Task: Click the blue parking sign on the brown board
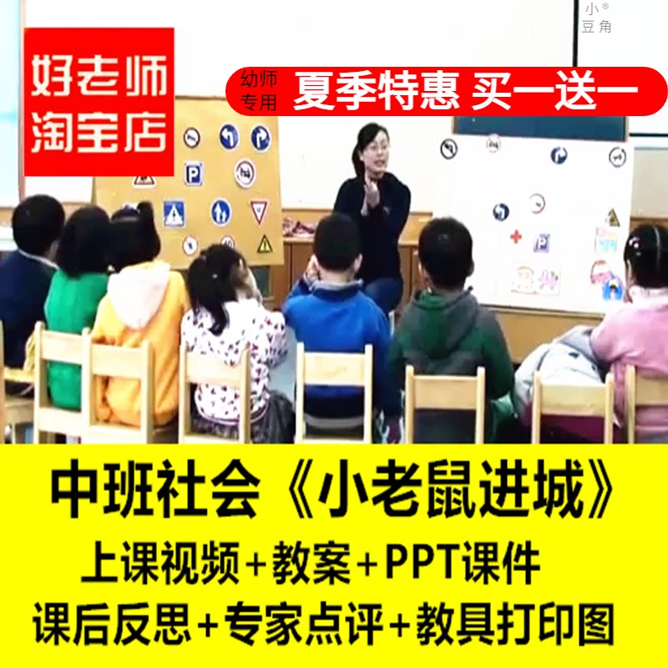[193, 173]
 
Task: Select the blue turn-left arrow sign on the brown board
[228, 136]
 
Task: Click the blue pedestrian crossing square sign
[174, 213]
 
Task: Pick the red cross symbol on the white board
[515, 236]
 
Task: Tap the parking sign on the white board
[542, 242]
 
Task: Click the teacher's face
[372, 150]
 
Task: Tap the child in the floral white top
[230, 334]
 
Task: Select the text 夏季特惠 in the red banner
[376, 92]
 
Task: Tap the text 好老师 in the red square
[99, 78]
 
